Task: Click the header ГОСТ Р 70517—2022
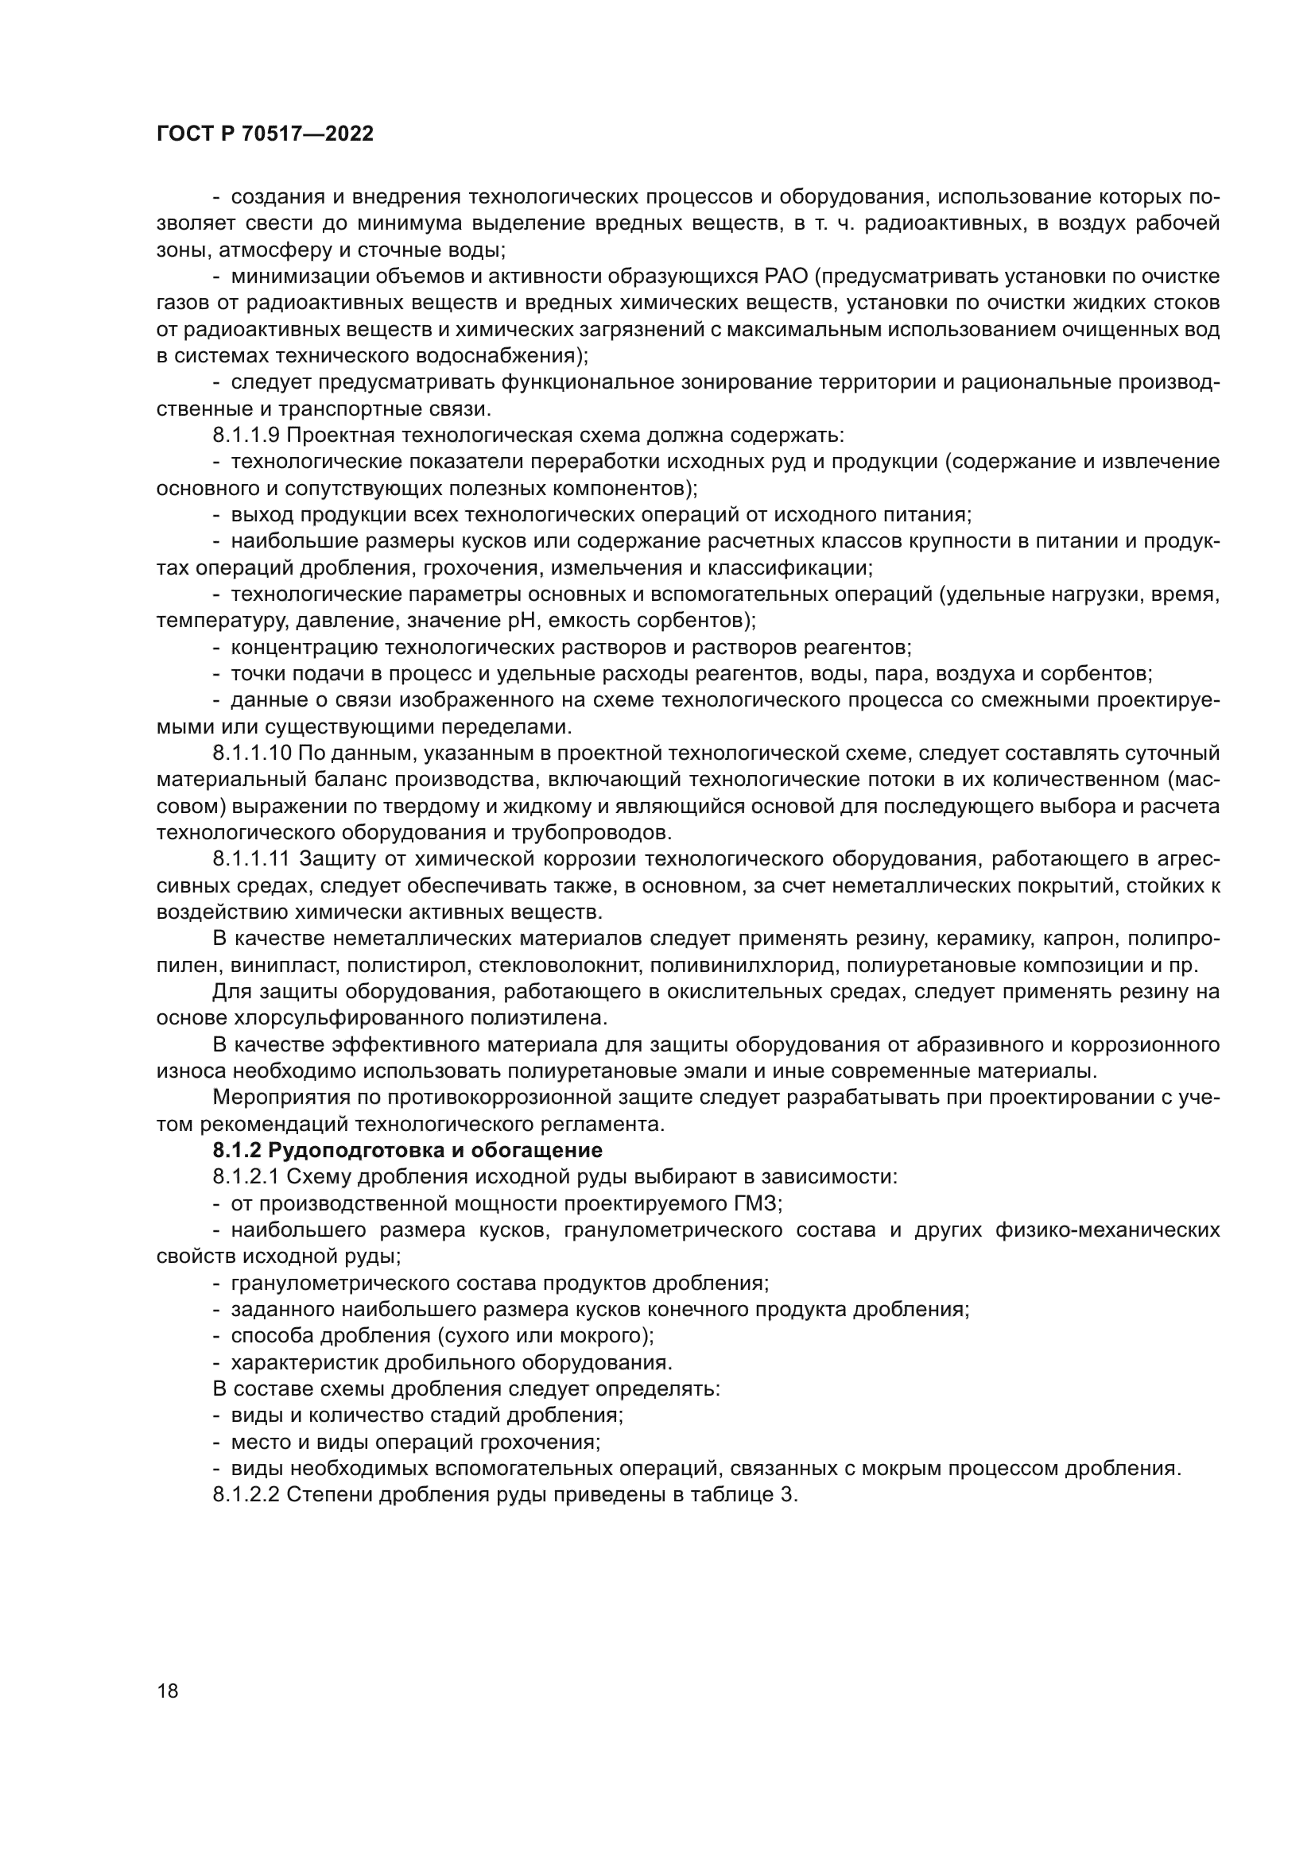click(x=265, y=134)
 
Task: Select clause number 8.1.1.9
click(x=246, y=436)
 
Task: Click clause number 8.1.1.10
click(x=252, y=753)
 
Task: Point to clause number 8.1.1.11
click(x=252, y=860)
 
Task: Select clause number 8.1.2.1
click(x=246, y=1177)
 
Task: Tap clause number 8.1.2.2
click(x=246, y=1496)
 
